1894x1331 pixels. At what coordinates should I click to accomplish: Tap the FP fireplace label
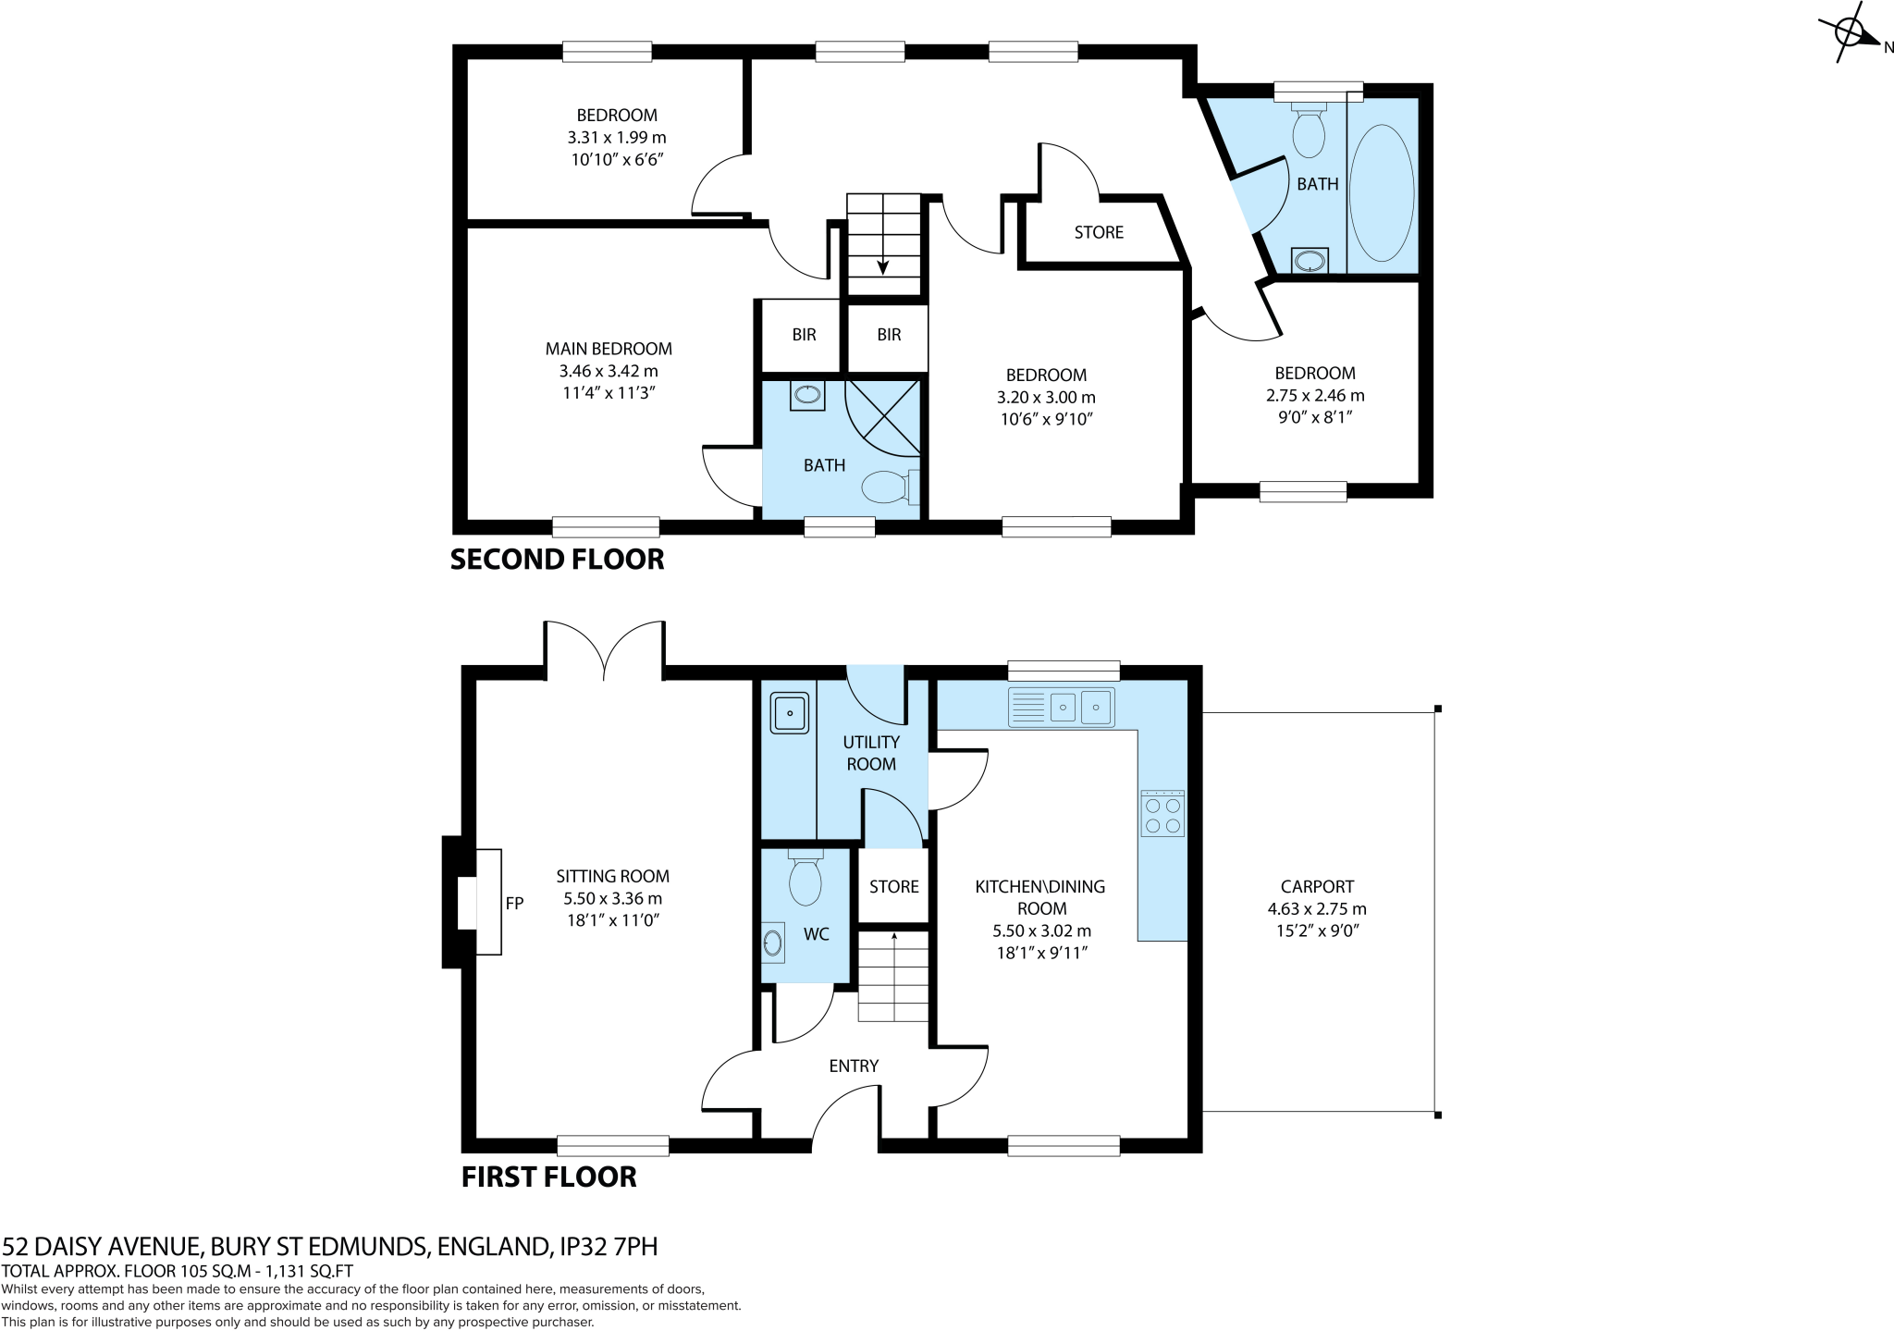coord(515,903)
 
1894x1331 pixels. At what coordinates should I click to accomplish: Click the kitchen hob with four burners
coord(1162,814)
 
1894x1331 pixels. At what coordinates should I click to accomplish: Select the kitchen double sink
coord(1062,708)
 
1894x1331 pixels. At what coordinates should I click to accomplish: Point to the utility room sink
coord(788,712)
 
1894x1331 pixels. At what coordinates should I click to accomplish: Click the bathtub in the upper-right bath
coord(1382,193)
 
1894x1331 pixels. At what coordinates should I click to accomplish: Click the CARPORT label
coord(1317,886)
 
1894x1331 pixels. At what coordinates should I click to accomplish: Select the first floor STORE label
coord(893,886)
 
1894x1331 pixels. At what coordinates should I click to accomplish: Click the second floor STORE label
coord(1099,232)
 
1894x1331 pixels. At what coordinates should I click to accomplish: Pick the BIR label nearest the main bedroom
coord(804,335)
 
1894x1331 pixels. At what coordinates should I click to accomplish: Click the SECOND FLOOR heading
coord(557,560)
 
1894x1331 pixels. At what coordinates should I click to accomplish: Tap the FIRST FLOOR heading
coord(548,1177)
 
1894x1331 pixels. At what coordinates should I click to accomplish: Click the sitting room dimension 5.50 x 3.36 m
coord(612,898)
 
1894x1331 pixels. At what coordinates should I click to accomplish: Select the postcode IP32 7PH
coord(609,1247)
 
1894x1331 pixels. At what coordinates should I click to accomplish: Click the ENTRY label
coord(853,1066)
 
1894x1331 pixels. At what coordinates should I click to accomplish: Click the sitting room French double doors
coord(604,652)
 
